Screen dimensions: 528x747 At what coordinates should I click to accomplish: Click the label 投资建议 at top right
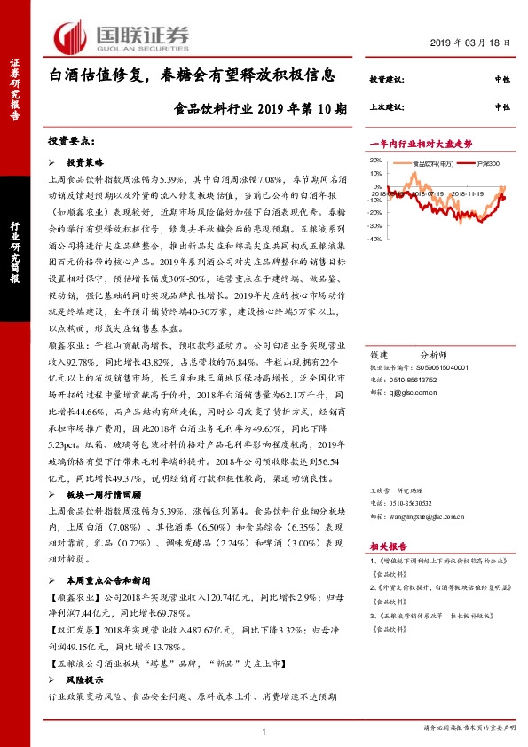click(387, 81)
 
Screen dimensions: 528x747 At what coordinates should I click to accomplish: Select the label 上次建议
click(387, 106)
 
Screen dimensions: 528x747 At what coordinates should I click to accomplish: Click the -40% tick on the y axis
click(375, 239)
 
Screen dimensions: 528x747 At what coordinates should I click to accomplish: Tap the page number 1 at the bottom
click(264, 730)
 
